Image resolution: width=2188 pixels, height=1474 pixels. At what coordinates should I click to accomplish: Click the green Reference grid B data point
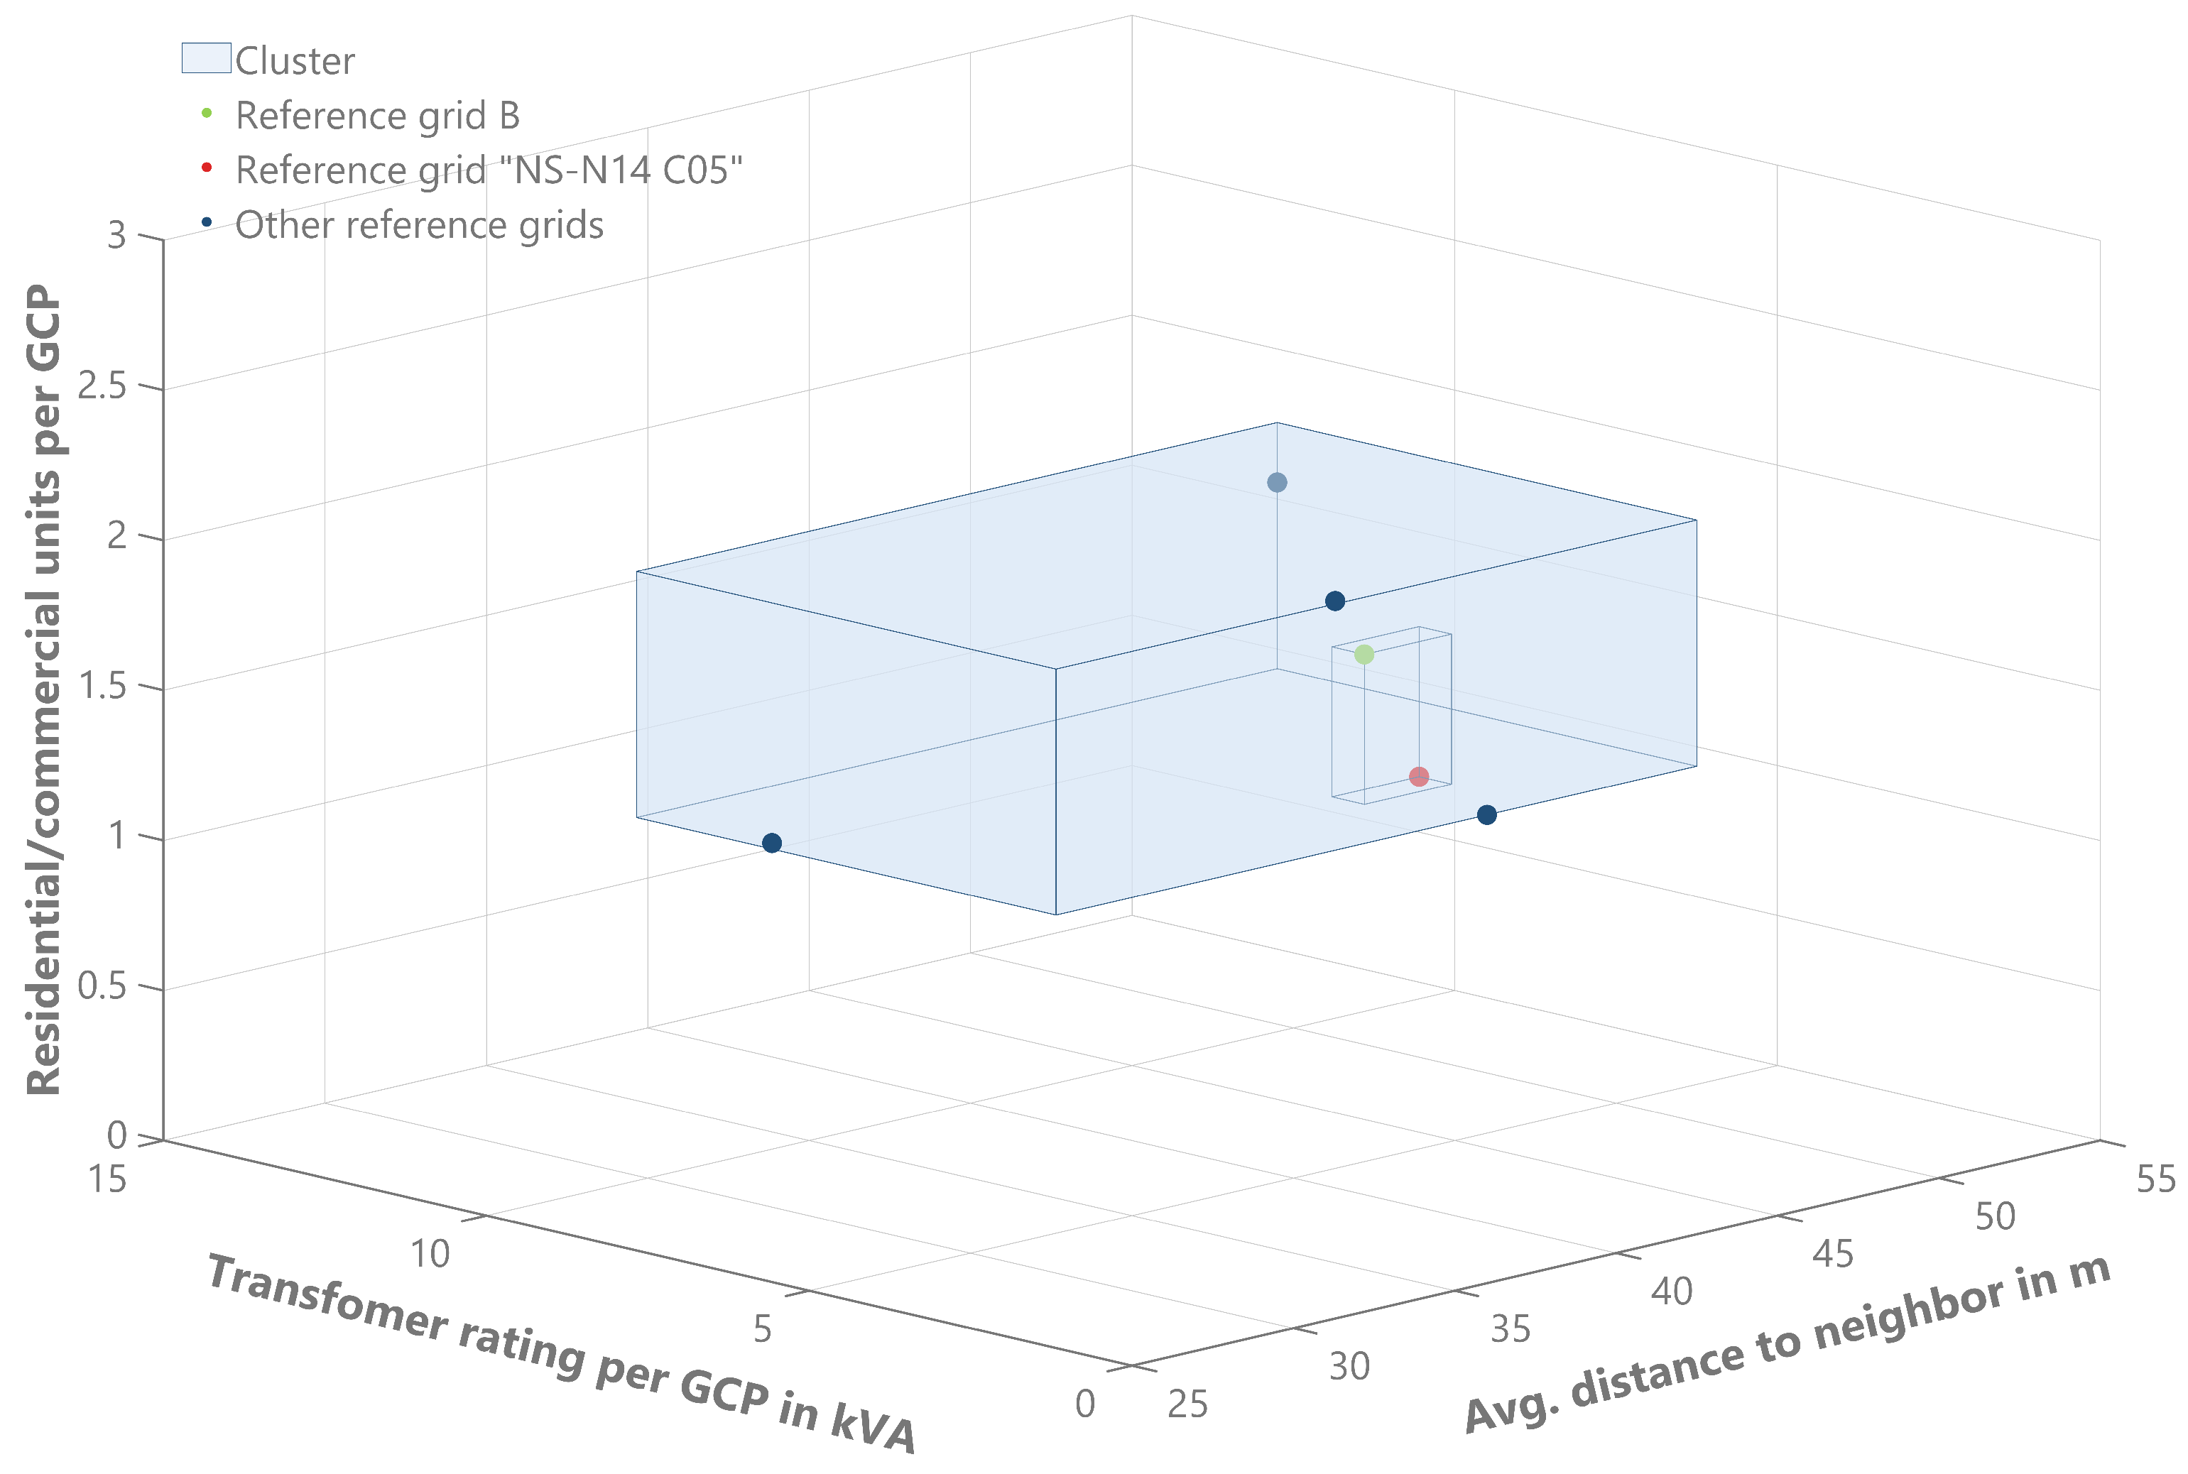tap(1364, 654)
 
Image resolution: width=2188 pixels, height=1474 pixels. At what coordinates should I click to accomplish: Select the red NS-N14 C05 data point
tap(1419, 777)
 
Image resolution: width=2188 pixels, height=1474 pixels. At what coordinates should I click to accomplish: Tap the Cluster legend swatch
tap(206, 58)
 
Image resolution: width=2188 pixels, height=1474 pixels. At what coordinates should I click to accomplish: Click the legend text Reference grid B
tap(377, 116)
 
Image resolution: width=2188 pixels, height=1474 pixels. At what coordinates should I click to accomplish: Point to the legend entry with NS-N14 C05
tap(489, 171)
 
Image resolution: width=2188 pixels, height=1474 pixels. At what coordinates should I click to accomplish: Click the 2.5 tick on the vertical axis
tap(102, 386)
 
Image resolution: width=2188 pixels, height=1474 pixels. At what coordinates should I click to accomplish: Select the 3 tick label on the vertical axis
tap(116, 235)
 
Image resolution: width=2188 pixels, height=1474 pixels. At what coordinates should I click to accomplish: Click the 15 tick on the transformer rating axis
tap(107, 1179)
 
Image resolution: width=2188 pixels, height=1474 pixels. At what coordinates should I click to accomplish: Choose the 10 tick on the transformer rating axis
tap(430, 1254)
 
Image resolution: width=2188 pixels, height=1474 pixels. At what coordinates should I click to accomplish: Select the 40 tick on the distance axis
tap(1672, 1292)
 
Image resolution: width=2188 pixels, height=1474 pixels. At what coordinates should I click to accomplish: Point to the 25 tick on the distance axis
tap(1187, 1404)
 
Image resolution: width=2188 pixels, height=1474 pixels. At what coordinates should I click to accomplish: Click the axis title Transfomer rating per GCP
tap(560, 1354)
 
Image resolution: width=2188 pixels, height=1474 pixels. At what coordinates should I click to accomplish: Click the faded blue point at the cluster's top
tap(1277, 482)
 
